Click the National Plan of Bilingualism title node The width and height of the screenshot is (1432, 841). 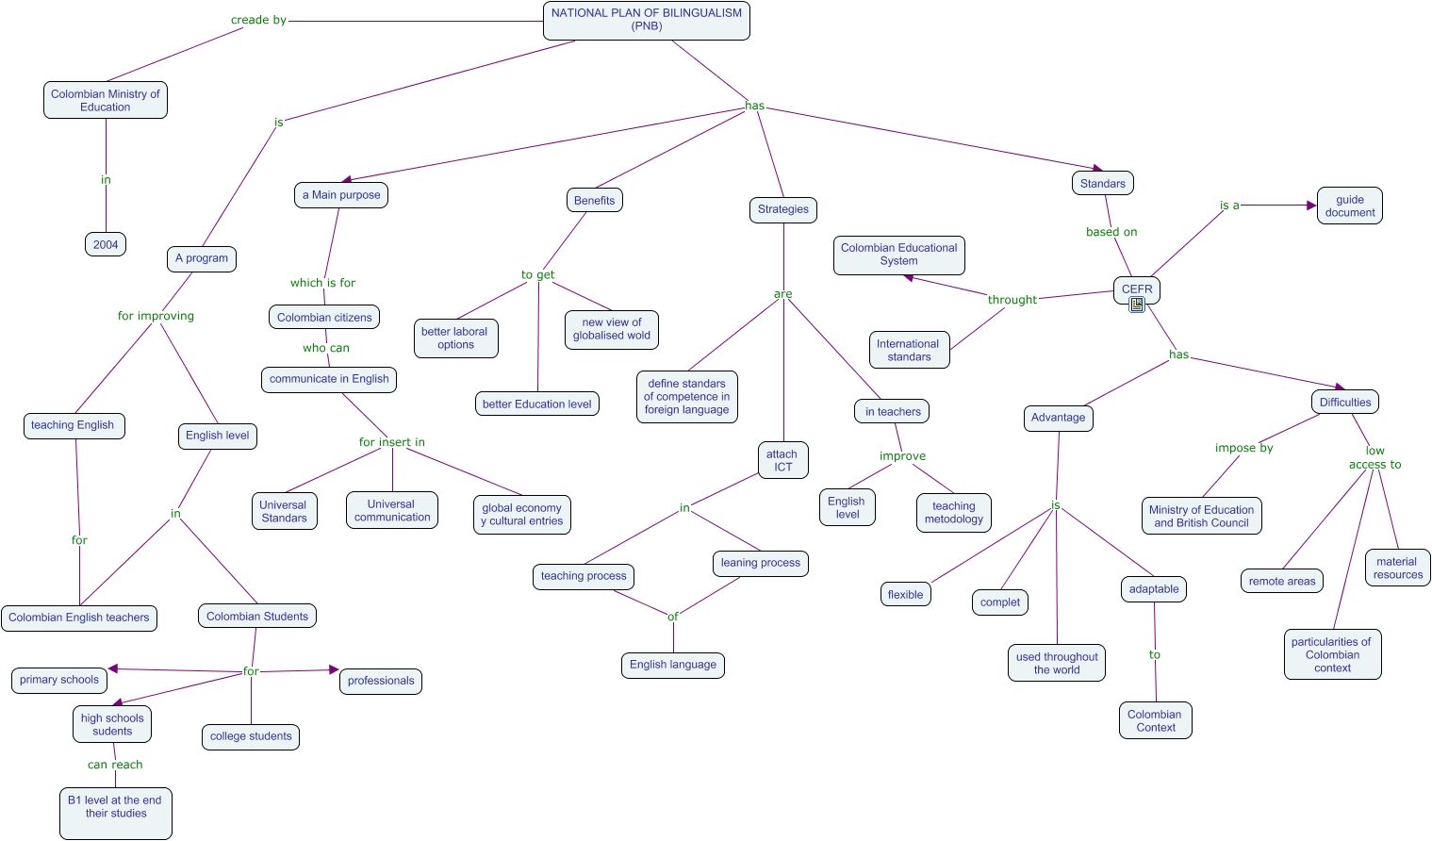(x=647, y=20)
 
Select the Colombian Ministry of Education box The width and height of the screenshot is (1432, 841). (x=106, y=100)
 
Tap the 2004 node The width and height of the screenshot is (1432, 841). (x=106, y=244)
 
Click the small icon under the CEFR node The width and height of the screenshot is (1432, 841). (x=1137, y=305)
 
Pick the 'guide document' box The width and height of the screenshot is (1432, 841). (x=1350, y=206)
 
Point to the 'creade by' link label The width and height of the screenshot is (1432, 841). (x=258, y=20)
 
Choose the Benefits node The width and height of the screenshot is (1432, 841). (x=594, y=200)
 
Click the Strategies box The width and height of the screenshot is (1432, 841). (x=783, y=209)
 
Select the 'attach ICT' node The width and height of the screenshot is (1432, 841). (x=782, y=460)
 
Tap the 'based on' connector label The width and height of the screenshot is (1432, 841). (x=1111, y=232)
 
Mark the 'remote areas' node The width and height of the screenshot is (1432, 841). (x=1282, y=581)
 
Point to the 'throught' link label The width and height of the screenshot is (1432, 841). (x=1012, y=300)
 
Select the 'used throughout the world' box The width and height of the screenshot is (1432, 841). (x=1057, y=663)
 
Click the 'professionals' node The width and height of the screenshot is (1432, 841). (x=381, y=681)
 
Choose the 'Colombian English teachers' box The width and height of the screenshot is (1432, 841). (x=79, y=618)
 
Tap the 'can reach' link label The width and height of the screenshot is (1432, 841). (x=115, y=765)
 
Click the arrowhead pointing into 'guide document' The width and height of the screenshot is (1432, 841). (x=1311, y=206)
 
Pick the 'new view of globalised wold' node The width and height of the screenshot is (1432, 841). (x=612, y=329)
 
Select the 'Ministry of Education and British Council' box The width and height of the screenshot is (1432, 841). (x=1201, y=516)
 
